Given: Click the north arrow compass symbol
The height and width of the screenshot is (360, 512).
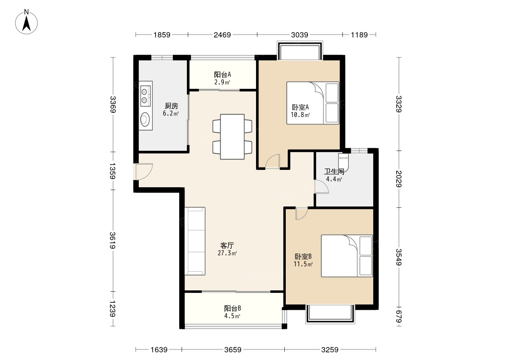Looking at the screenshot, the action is [26, 22].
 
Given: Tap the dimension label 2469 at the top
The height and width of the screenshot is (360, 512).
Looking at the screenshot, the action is [222, 35].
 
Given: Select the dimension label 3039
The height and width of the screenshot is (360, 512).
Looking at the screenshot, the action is [299, 35].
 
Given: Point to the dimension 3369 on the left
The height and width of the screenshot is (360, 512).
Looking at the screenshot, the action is [113, 105].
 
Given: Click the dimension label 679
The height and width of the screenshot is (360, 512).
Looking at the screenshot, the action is [399, 317].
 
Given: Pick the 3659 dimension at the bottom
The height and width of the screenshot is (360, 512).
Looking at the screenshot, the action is [232, 350].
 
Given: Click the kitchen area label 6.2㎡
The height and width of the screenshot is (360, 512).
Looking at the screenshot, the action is [171, 114].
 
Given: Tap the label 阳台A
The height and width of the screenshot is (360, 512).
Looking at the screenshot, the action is [222, 75].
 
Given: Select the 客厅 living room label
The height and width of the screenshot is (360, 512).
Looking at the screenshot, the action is [227, 245].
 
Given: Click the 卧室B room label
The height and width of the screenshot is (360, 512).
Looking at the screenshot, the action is [303, 256].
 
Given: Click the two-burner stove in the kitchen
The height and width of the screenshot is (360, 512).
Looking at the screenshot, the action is [146, 96].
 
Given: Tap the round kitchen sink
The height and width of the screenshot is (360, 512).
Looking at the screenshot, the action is [146, 119].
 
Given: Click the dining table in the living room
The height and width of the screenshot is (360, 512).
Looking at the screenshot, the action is [232, 137].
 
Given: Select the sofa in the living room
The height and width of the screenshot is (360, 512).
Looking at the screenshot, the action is [195, 241].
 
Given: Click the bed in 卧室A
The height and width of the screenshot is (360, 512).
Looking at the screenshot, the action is [313, 103].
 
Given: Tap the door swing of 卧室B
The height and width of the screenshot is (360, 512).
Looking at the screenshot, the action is [301, 214].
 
